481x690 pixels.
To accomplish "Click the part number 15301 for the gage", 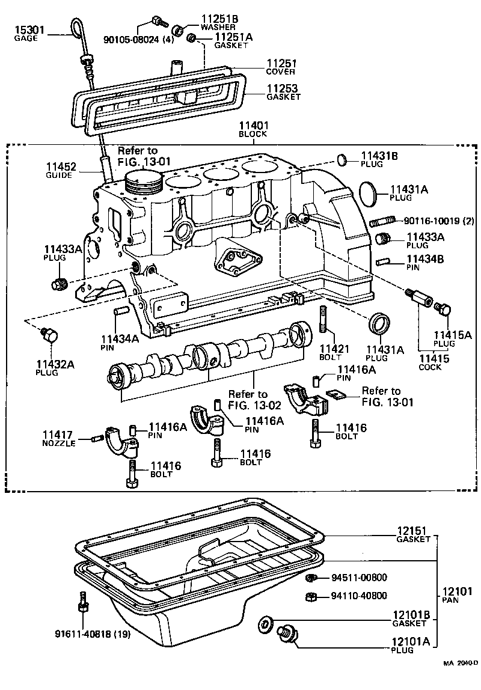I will click(26, 30).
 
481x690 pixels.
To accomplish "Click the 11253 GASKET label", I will click(283, 92).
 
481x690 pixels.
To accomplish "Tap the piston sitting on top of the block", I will click(144, 182).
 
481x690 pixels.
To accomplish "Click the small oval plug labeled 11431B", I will click(341, 160).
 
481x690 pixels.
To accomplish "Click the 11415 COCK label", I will click(430, 362).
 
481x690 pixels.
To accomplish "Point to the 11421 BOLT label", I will click(330, 352).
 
